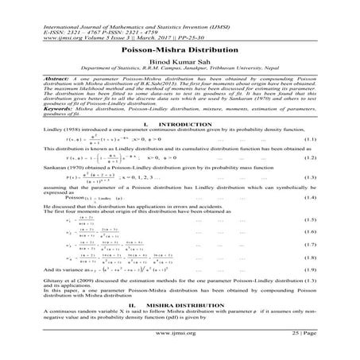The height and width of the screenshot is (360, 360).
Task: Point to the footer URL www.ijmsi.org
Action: coord(180,346)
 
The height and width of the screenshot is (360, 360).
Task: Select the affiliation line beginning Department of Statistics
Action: coord(180,69)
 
